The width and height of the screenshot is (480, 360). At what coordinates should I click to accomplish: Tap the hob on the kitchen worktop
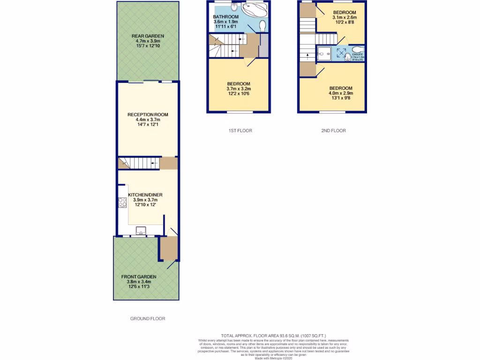[123, 202]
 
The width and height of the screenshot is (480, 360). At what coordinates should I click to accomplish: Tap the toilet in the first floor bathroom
[262, 24]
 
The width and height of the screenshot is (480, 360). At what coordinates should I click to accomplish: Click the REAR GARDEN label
[148, 36]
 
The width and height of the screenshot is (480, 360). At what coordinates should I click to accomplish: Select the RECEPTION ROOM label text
[148, 114]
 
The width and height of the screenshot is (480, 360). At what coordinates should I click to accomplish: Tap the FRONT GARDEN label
[139, 277]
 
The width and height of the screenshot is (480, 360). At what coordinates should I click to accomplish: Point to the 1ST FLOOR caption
[237, 131]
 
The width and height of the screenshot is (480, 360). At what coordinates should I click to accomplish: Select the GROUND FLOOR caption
[148, 319]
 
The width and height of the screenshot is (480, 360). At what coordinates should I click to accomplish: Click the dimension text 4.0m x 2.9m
[340, 93]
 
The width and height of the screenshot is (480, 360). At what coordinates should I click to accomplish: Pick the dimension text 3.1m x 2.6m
[345, 17]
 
